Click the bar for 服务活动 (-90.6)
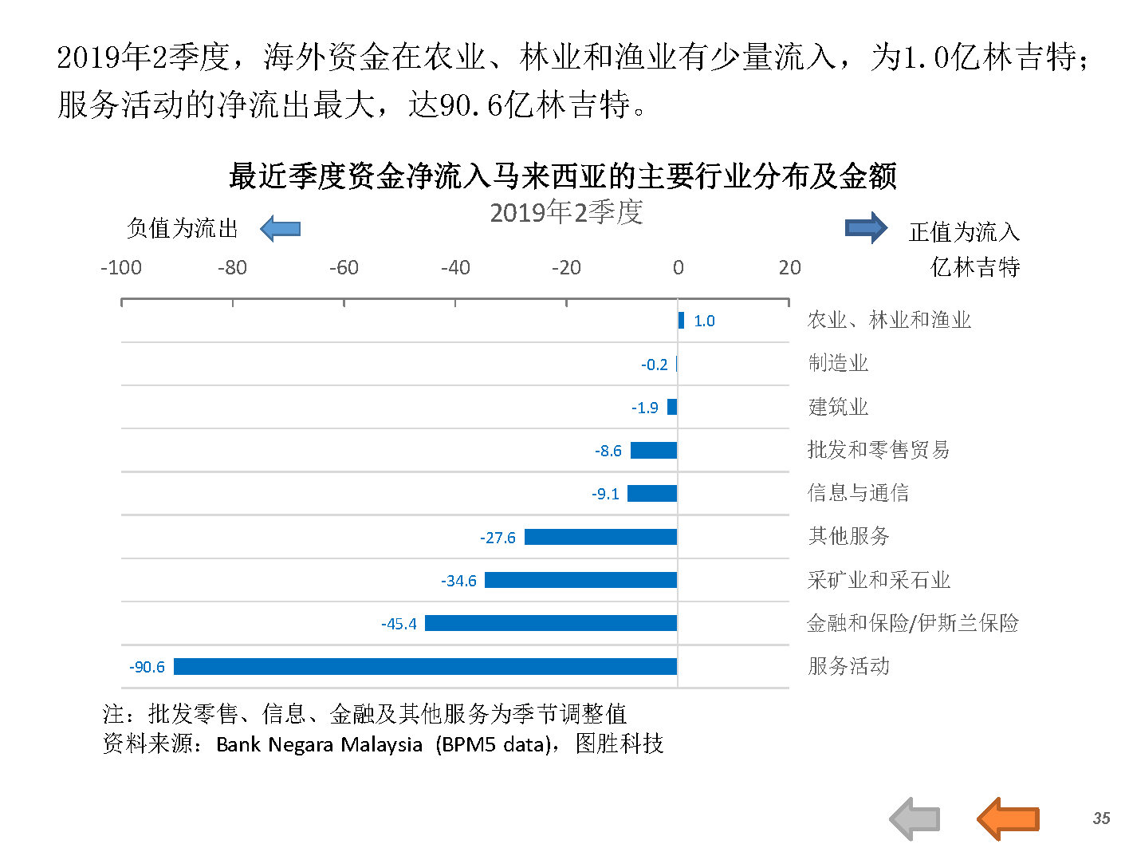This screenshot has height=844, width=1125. [425, 666]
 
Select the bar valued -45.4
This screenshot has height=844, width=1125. [550, 623]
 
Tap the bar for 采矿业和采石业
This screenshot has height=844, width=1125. [580, 580]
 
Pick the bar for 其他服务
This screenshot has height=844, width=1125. [600, 537]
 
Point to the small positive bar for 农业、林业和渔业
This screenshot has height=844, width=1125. [681, 320]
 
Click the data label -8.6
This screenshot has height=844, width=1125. [608, 451]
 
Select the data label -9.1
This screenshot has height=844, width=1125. [606, 494]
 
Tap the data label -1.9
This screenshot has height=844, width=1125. [645, 408]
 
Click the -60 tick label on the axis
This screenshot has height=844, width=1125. [344, 267]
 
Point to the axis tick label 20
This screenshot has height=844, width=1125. [789, 267]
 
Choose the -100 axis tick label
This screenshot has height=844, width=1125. [121, 267]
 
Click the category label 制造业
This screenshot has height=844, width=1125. [838, 363]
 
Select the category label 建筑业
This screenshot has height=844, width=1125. [838, 407]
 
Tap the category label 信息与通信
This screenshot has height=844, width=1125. [858, 493]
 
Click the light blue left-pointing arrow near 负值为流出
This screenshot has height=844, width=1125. [280, 229]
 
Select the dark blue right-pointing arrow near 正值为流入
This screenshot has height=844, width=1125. [866, 228]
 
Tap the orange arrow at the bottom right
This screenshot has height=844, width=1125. [1008, 818]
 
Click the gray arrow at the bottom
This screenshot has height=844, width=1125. [915, 818]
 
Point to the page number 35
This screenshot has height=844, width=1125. [1101, 818]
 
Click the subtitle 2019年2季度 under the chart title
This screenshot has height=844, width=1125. [566, 212]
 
